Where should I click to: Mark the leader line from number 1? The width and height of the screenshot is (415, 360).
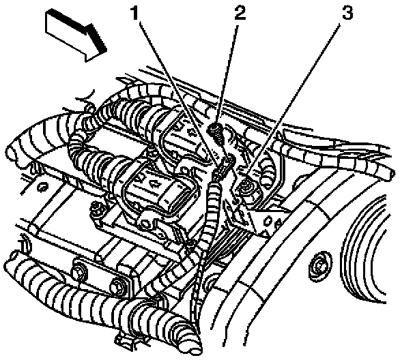[x=181, y=89]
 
